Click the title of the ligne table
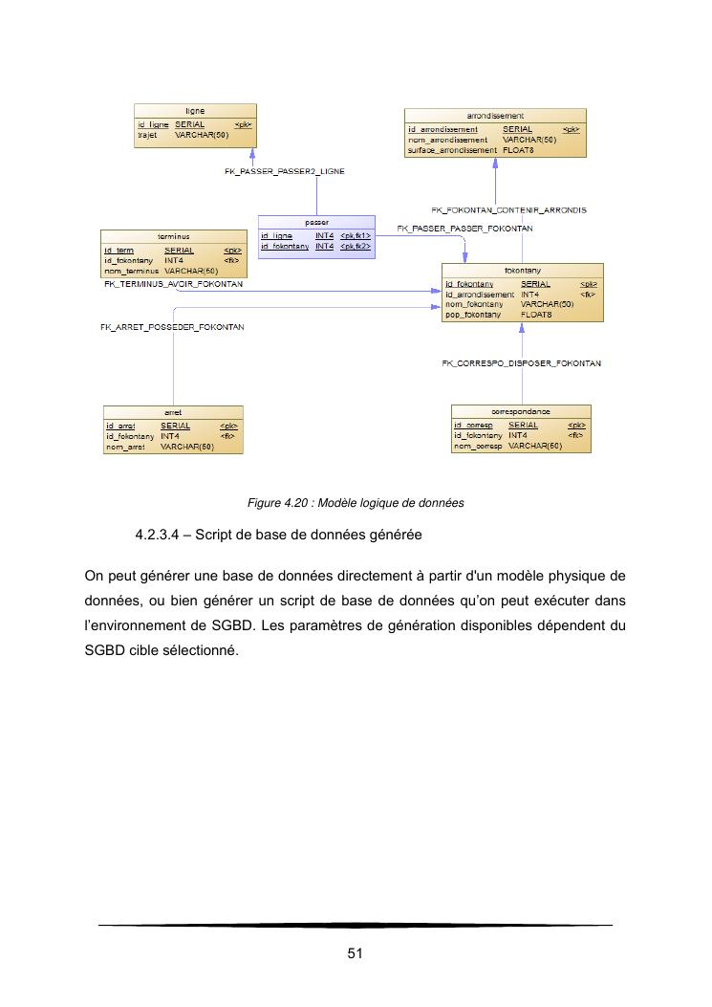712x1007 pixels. (195, 111)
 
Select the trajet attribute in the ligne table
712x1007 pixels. (147, 136)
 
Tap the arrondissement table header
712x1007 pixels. (494, 116)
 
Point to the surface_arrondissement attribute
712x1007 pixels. (452, 150)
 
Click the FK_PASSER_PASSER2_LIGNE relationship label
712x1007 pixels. (284, 171)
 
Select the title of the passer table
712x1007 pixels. (315, 222)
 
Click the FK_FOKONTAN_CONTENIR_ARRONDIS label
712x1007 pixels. (508, 209)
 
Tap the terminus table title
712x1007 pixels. (173, 236)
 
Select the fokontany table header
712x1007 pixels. (522, 270)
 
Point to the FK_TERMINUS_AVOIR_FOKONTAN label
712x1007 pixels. (173, 284)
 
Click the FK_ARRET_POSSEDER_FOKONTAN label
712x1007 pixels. (172, 327)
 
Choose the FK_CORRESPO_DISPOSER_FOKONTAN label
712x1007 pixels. (521, 363)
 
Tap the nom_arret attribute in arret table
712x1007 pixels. (125, 447)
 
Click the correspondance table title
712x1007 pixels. (521, 411)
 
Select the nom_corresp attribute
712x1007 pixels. (478, 447)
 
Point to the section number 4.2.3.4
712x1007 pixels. (159, 536)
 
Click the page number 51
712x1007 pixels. (355, 953)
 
